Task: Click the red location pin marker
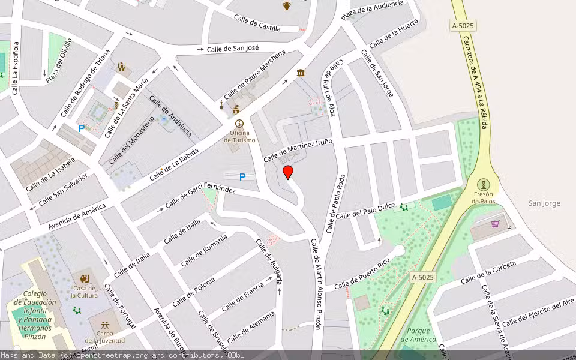pos(288,172)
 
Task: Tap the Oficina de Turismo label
pos(239,136)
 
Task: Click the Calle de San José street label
pos(233,48)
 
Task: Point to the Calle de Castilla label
pos(257,23)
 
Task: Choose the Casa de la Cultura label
pos(84,292)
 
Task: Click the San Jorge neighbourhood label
pos(544,203)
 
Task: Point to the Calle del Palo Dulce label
pos(365,211)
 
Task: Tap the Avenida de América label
pos(77,217)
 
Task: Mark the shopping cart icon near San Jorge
pos(495,224)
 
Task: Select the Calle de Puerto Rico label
pos(362,273)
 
